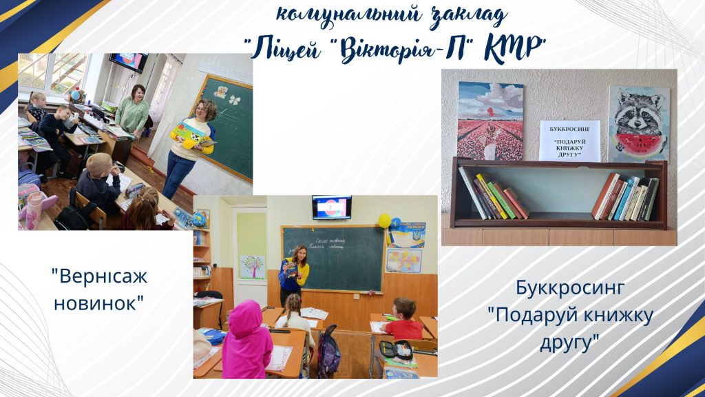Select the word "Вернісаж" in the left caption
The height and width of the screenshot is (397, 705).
point(99,277)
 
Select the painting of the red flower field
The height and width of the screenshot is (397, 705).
point(490,121)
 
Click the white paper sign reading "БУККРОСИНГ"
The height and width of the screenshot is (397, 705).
point(569,141)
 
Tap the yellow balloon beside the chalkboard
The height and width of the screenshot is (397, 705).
point(384,221)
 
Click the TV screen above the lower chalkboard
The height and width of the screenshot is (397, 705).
point(331,207)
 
